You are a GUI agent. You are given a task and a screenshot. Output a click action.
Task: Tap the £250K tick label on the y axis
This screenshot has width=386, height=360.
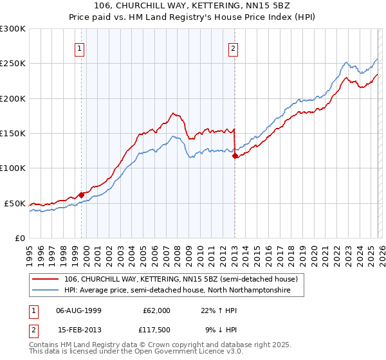click(13, 64)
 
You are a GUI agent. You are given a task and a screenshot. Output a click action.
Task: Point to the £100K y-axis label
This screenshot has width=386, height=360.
click(13, 168)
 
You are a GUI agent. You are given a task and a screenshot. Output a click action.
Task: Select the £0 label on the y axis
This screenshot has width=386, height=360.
click(19, 238)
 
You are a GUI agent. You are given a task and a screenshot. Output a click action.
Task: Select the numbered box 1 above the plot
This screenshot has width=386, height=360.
click(79, 48)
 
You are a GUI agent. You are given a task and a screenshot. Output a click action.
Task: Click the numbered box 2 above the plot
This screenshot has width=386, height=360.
click(232, 48)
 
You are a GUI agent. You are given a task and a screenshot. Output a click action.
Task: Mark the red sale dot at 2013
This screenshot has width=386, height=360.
click(235, 156)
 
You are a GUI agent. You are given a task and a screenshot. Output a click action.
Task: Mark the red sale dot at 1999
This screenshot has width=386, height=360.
click(82, 194)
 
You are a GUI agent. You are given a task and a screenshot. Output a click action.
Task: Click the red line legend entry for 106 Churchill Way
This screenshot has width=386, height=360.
click(180, 280)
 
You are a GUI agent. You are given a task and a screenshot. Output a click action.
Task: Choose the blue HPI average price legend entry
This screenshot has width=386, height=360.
click(177, 291)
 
